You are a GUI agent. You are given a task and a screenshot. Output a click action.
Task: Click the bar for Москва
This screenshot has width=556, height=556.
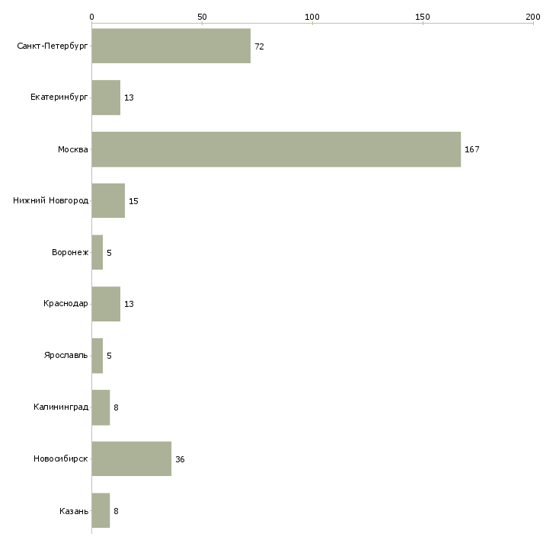click(276, 149)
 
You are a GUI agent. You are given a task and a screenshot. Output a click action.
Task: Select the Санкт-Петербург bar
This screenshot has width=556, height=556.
click(171, 46)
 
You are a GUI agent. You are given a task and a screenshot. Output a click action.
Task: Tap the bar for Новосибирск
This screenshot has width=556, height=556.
click(132, 459)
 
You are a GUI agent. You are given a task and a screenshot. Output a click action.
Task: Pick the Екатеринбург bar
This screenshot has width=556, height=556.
click(106, 97)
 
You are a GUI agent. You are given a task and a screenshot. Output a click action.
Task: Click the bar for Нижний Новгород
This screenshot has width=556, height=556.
click(108, 201)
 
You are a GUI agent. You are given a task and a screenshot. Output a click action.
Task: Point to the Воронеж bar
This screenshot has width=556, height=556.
click(97, 252)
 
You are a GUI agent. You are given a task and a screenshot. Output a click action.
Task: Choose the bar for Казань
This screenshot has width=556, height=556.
click(101, 510)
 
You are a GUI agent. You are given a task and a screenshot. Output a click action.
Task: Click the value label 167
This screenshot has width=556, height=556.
click(472, 149)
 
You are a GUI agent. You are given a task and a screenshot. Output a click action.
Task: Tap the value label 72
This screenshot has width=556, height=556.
click(259, 46)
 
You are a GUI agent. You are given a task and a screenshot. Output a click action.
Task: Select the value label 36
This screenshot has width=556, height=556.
click(180, 459)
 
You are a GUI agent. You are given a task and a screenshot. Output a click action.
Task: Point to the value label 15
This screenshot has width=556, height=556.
click(133, 201)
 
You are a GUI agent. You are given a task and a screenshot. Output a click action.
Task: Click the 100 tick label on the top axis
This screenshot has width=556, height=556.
click(312, 17)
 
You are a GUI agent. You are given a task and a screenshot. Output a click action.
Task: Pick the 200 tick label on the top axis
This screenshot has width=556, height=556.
click(533, 17)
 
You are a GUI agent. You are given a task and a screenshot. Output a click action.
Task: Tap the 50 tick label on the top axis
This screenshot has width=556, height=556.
click(202, 17)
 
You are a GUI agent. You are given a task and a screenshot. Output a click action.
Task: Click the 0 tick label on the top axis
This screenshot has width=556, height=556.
click(92, 17)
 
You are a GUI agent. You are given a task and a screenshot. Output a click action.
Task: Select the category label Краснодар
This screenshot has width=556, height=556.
click(66, 304)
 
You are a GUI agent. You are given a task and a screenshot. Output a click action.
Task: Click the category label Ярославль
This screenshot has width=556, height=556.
click(66, 355)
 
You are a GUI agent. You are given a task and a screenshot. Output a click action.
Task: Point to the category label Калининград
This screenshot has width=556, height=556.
click(61, 407)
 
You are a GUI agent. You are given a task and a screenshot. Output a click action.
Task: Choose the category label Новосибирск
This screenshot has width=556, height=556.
click(61, 459)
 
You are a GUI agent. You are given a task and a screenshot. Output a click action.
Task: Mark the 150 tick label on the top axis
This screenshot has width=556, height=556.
click(422, 17)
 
